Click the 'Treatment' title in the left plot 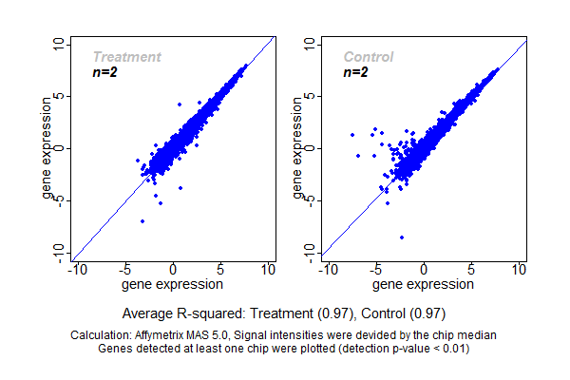[126, 57]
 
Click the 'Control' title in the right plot [369, 57]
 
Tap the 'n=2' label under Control [355, 72]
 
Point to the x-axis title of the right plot [424, 283]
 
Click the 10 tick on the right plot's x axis [520, 269]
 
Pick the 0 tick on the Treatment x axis [173, 269]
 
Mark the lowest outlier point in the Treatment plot [142, 221]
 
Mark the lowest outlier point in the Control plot [402, 237]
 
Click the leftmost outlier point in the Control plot [352, 135]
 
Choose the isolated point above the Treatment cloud [179, 104]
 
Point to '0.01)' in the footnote [450, 348]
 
